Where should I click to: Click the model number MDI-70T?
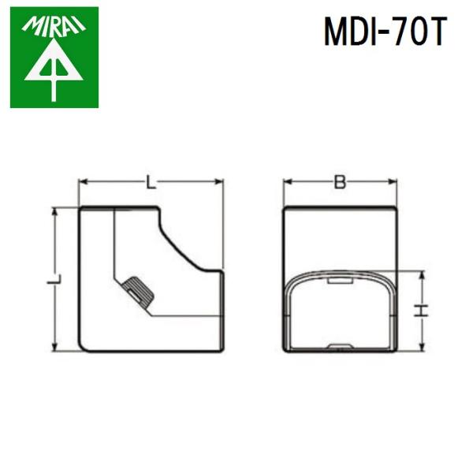point(384,32)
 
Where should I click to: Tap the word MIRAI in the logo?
point(54,30)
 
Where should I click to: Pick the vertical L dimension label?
point(54,281)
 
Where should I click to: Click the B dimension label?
point(340,183)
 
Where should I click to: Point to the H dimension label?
point(423,311)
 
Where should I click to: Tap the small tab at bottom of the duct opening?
point(339,345)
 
